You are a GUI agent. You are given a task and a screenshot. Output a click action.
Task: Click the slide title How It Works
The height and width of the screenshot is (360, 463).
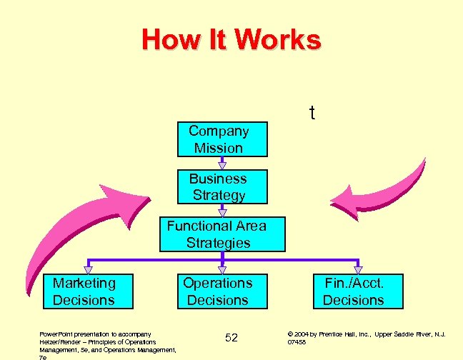(231, 40)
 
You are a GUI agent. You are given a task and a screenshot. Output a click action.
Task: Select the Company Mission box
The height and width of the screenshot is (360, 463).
(221, 139)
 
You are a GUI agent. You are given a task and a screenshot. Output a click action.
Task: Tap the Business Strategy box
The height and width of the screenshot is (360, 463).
(221, 186)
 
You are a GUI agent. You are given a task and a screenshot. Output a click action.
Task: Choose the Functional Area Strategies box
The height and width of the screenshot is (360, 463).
(221, 234)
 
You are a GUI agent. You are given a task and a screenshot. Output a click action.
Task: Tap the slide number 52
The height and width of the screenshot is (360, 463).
(231, 337)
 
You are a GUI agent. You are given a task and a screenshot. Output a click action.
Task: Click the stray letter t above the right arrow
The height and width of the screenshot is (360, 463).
(312, 114)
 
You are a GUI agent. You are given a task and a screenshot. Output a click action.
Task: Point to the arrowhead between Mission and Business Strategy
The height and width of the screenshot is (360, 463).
(221, 164)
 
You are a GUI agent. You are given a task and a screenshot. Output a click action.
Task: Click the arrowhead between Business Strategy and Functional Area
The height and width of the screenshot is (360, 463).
(221, 211)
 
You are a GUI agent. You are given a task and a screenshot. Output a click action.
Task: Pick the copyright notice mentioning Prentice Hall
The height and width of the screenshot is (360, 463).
(365, 337)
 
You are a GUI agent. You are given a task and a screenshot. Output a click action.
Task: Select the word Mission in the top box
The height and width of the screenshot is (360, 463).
(219, 149)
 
